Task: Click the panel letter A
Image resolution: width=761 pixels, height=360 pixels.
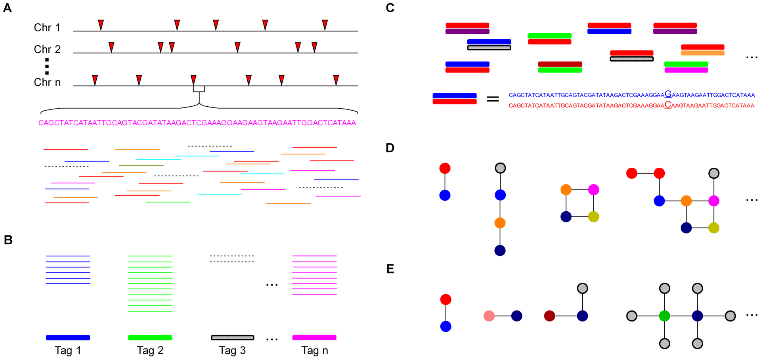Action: coord(7,8)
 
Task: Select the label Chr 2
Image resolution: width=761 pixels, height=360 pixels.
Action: coord(47,49)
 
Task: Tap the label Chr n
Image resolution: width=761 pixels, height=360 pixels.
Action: coord(47,82)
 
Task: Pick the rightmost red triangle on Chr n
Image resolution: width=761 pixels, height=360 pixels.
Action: coord(336,80)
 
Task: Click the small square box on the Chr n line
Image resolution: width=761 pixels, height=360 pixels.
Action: coord(199,89)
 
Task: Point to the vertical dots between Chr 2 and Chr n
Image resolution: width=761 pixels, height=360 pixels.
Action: coord(47,66)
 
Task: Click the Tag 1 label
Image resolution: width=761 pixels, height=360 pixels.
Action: coord(68,350)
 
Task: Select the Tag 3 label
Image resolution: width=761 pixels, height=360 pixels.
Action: coord(232,350)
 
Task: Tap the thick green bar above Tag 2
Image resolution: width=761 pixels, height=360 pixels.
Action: coord(150,338)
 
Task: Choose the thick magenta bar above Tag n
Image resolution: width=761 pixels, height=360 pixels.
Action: coord(314,338)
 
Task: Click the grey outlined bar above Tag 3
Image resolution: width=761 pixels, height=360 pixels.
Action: coord(232,338)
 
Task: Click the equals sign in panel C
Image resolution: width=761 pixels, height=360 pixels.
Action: coord(493,99)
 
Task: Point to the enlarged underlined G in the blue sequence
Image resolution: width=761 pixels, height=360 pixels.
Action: coord(668,94)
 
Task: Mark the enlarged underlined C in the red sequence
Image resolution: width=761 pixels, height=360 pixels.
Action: coord(668,105)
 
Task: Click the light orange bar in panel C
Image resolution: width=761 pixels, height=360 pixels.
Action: coord(702,53)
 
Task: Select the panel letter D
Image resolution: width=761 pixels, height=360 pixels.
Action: coord(390,148)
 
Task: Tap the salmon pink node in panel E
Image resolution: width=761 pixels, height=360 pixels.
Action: coord(489,316)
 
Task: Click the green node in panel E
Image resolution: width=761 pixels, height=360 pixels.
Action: coord(665,316)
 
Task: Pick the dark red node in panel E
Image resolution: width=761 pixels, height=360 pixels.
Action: coord(550,316)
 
